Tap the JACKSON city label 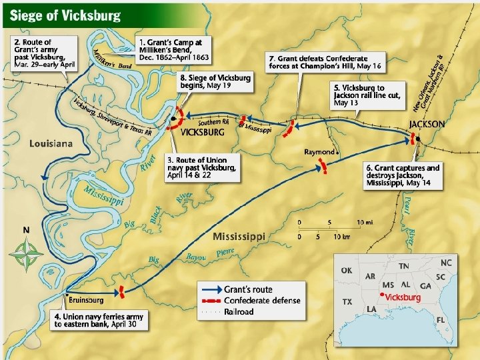[x=427, y=124]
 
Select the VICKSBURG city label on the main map [x=203, y=132]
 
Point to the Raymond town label [x=319, y=152]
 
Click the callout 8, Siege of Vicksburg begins [x=215, y=83]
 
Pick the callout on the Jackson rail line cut [x=368, y=95]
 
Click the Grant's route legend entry [x=248, y=290]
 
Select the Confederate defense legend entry [x=261, y=301]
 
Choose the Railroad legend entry [x=238, y=311]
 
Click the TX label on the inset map [x=347, y=302]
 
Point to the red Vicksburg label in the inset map [x=403, y=297]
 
